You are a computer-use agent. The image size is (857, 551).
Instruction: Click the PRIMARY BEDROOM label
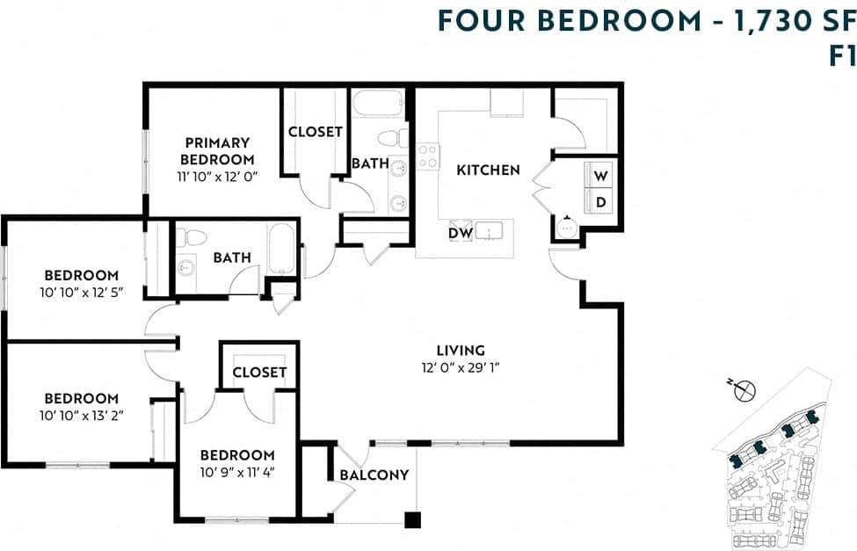click(217, 151)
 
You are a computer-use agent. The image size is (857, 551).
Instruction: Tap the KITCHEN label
click(488, 170)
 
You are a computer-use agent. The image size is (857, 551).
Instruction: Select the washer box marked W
click(601, 176)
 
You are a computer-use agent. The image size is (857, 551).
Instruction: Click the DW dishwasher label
click(461, 233)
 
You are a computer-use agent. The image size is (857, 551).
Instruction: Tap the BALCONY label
click(374, 475)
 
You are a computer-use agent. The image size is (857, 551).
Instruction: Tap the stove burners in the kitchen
click(427, 157)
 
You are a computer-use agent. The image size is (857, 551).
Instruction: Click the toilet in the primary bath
click(393, 138)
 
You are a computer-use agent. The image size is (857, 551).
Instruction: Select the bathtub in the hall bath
click(283, 248)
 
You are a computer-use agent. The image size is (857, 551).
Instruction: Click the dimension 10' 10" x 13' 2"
click(82, 416)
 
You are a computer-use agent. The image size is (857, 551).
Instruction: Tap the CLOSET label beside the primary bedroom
click(315, 132)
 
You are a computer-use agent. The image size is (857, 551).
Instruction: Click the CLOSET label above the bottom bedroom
click(259, 372)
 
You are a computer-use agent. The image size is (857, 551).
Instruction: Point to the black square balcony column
click(412, 519)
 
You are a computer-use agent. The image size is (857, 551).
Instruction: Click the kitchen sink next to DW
click(490, 231)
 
